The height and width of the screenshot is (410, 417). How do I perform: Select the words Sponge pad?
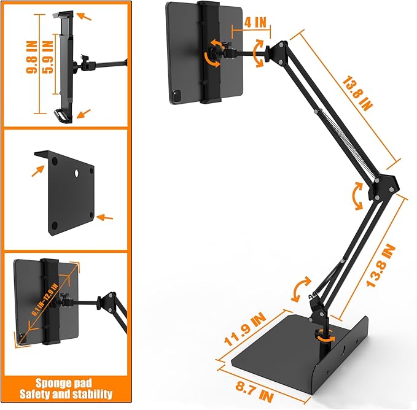[64, 381]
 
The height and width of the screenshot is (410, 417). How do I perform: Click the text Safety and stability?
[64, 394]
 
